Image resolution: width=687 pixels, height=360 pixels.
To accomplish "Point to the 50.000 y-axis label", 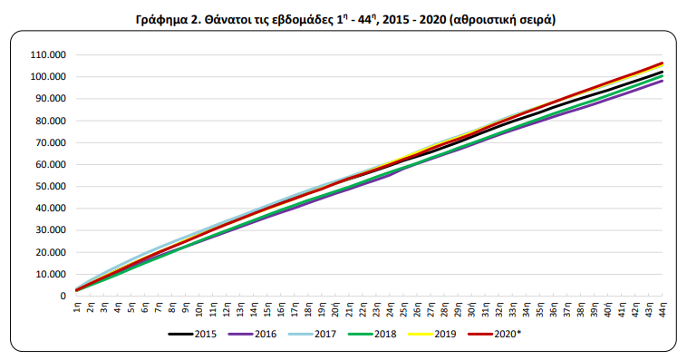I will [x=50, y=186].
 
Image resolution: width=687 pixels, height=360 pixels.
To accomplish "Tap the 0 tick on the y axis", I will [x=63, y=296].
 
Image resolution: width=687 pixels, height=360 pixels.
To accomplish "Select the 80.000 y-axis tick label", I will [x=50, y=121].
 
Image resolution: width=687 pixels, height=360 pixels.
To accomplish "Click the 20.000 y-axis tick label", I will [x=50, y=252].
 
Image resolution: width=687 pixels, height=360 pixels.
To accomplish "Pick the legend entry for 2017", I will [x=321, y=334].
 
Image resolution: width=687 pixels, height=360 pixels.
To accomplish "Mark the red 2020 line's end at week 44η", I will [x=663, y=63].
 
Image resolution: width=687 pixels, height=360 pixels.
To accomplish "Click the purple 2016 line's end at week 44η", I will [x=663, y=81].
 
